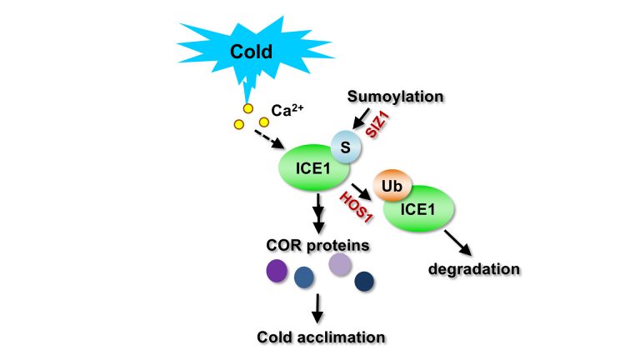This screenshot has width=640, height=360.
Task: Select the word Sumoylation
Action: click(x=396, y=97)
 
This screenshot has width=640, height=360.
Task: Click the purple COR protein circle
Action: click(x=277, y=271)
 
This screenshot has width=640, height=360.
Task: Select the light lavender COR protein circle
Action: click(x=340, y=264)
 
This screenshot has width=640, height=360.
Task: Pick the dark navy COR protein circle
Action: click(x=364, y=282)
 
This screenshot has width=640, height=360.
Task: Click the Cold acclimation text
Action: click(x=321, y=337)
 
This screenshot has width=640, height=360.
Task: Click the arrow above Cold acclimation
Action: click(x=317, y=308)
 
